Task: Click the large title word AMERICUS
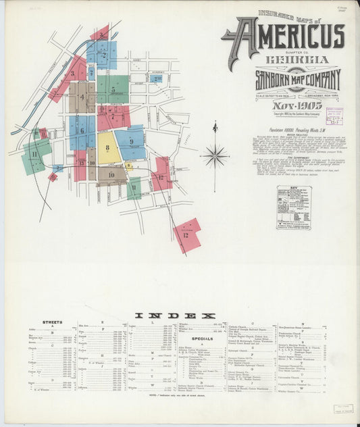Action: (x=290, y=36)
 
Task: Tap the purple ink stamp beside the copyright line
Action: (x=334, y=116)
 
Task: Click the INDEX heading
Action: (x=176, y=315)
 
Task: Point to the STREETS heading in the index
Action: (x=52, y=322)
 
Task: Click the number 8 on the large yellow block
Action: (x=107, y=147)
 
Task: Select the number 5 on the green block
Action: (x=113, y=89)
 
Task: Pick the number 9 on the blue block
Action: (x=130, y=141)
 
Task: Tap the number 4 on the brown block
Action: (x=82, y=97)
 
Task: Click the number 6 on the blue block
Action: (x=82, y=130)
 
